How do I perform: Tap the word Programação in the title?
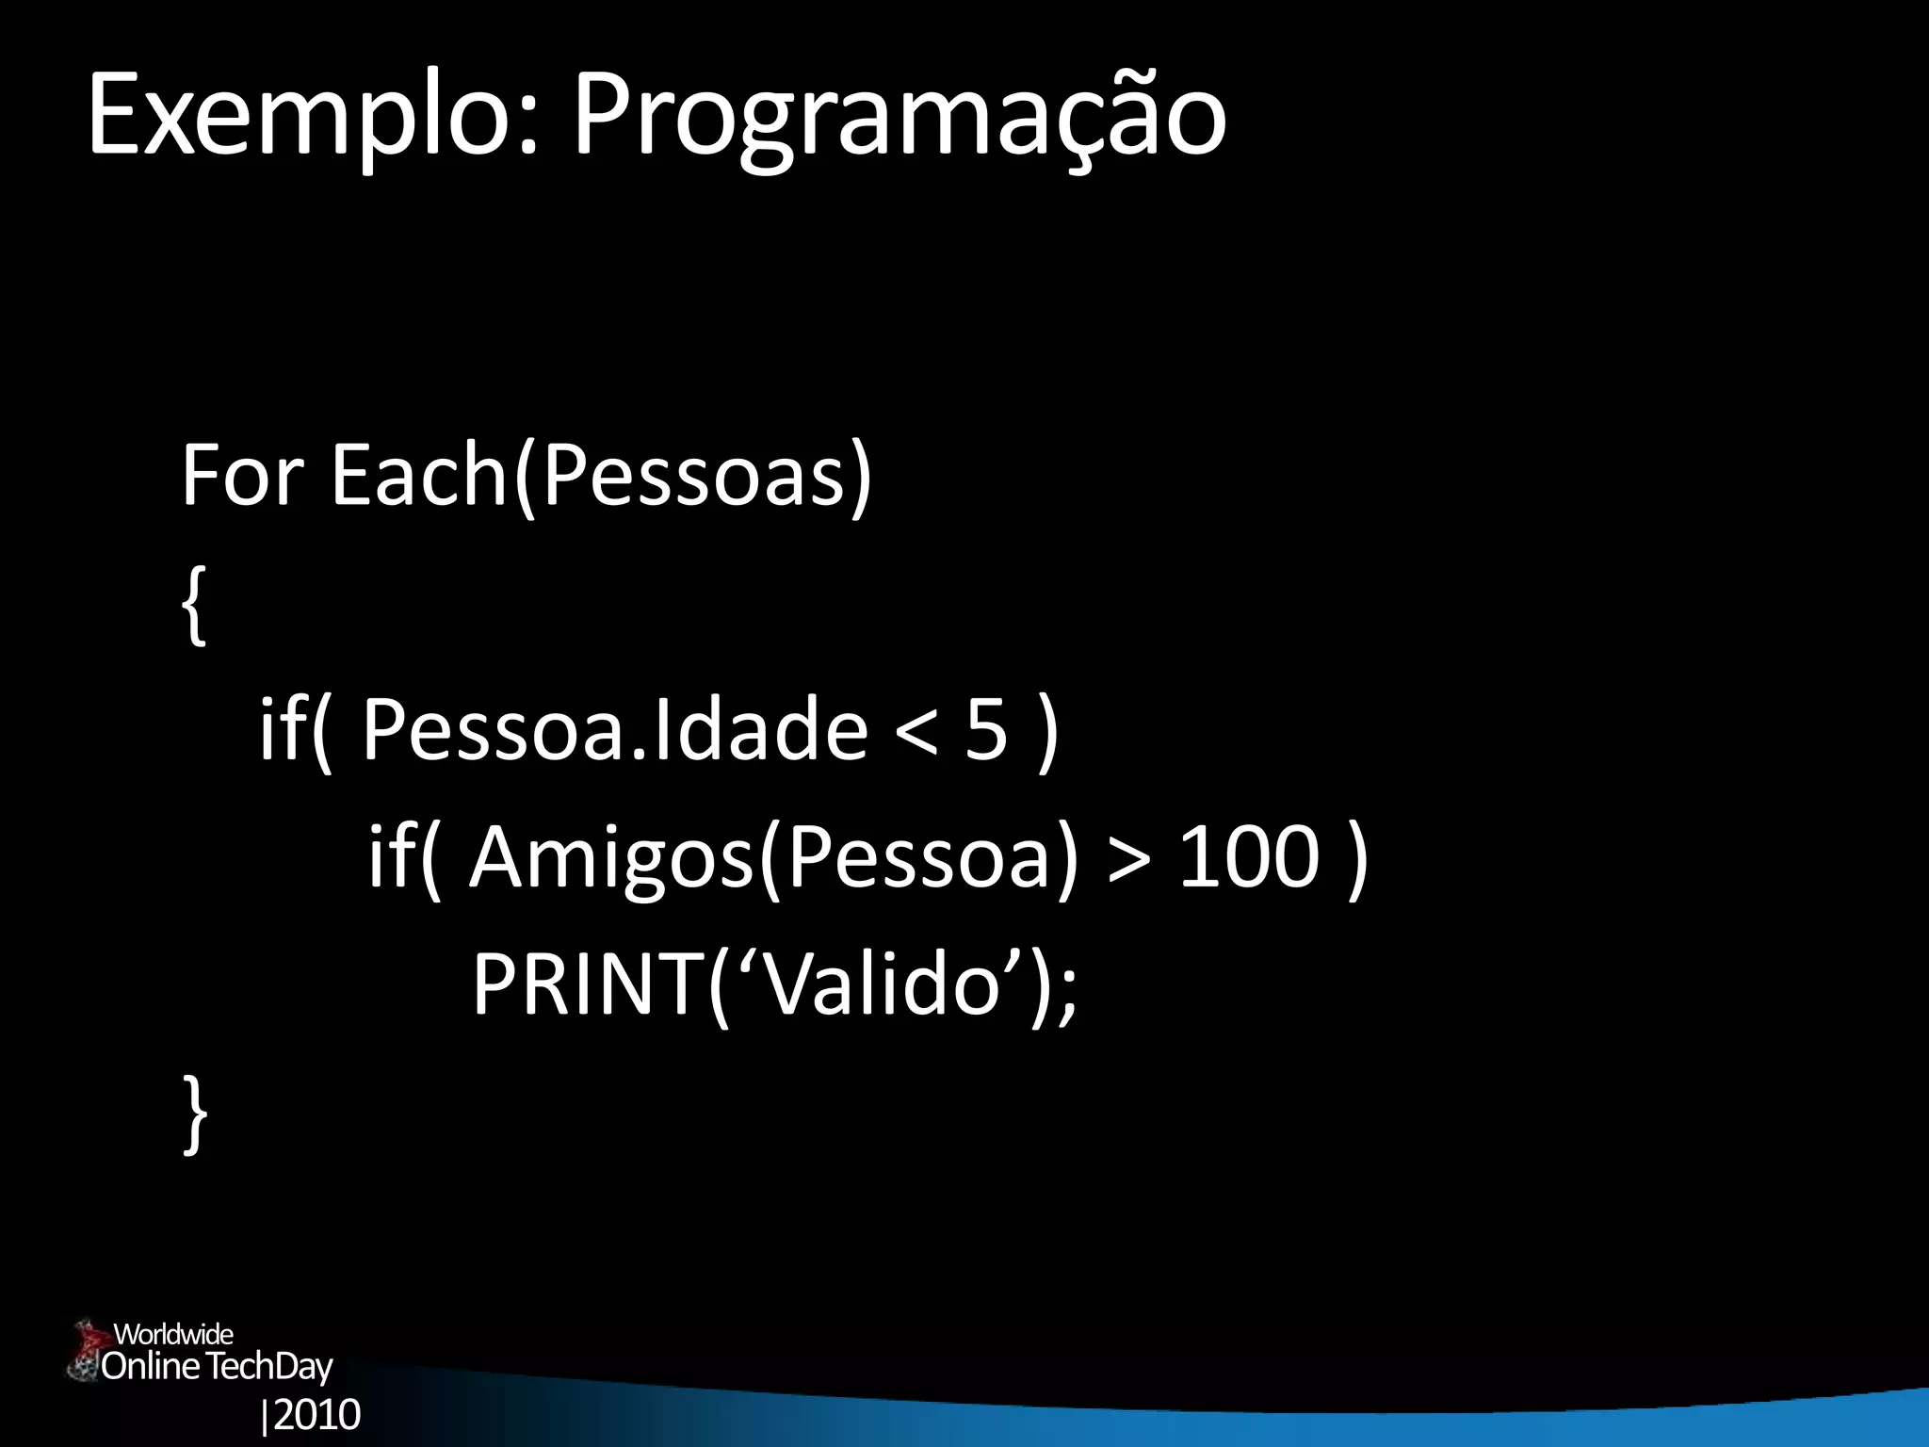click(x=900, y=118)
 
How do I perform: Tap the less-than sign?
click(x=916, y=731)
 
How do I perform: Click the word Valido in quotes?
click(x=883, y=984)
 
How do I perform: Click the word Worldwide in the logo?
click(x=173, y=1334)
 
